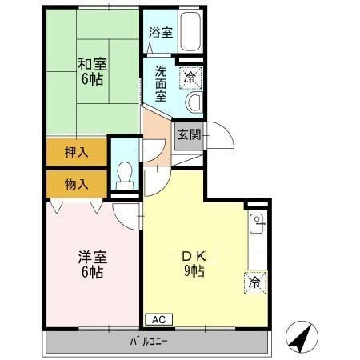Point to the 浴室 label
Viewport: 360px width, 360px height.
(160, 33)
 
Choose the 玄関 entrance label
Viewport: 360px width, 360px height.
(189, 134)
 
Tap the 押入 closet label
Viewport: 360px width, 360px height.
(76, 150)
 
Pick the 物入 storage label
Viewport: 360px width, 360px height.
(76, 184)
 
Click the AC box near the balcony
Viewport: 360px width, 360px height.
(158, 318)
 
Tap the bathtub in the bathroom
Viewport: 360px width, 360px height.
(192, 34)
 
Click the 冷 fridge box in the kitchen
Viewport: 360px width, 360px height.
(254, 282)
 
